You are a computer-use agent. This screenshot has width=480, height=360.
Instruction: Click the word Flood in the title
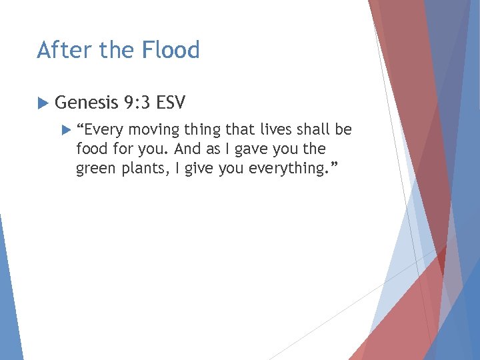click(173, 50)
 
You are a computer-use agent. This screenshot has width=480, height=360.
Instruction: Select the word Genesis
click(85, 103)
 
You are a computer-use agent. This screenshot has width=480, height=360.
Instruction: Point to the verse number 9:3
click(138, 103)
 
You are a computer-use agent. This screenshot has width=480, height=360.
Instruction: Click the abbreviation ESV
click(171, 103)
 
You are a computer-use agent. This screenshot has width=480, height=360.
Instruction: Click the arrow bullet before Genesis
click(42, 103)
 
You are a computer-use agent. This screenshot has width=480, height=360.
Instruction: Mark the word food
click(91, 149)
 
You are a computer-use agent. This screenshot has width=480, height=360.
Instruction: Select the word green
click(95, 168)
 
